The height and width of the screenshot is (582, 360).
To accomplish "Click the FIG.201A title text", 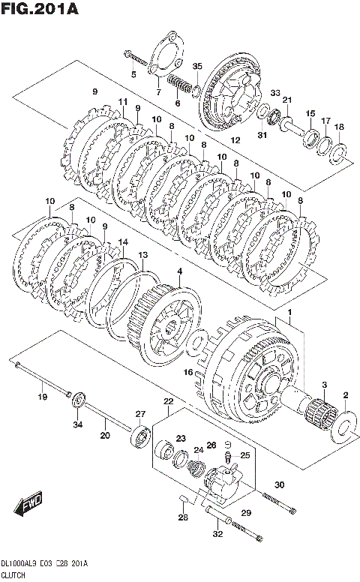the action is coord(40,8).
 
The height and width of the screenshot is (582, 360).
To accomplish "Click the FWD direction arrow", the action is coord(28,505).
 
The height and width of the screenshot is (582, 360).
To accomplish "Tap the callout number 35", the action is coord(197,66).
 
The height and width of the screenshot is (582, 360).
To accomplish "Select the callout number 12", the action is coord(235,140).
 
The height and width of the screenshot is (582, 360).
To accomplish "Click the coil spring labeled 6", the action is coord(180,85).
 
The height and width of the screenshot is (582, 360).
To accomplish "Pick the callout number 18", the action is coord(339,127).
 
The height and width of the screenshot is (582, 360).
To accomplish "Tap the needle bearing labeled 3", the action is coord(322,414).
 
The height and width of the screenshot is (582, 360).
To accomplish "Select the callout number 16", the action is coord(188,371).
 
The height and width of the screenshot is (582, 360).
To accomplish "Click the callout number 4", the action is coord(180,271).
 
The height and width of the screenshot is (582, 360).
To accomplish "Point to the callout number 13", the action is coord(143,255).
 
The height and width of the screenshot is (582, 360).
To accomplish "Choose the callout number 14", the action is coord(123,242).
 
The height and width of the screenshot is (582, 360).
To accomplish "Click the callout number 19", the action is coord(43,397).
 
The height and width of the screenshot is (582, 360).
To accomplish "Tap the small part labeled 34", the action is coord(78,400).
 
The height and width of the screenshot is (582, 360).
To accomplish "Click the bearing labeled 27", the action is coord(140,434).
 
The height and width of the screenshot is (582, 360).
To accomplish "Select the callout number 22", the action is coord(169,401).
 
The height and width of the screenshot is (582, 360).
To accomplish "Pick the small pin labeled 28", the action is coord(184,499).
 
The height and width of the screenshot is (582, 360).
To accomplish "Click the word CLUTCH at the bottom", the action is coord(13,575).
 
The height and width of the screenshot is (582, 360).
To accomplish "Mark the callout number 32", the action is coord(217,534).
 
